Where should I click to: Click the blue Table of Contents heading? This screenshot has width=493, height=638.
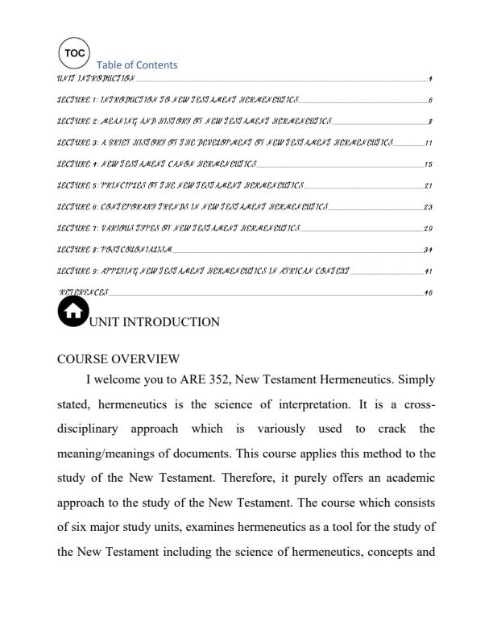tap(136, 65)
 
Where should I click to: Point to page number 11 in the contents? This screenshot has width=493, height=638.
tap(429, 143)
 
